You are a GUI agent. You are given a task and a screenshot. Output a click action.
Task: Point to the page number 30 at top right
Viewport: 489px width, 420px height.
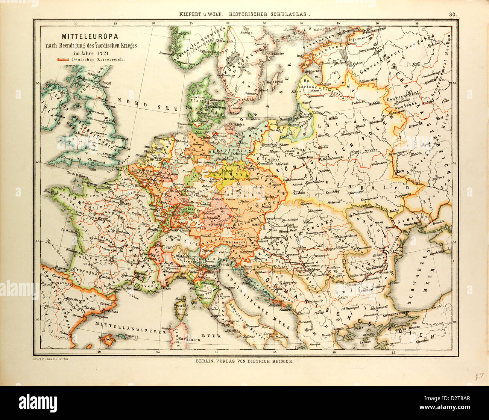click(x=453, y=15)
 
